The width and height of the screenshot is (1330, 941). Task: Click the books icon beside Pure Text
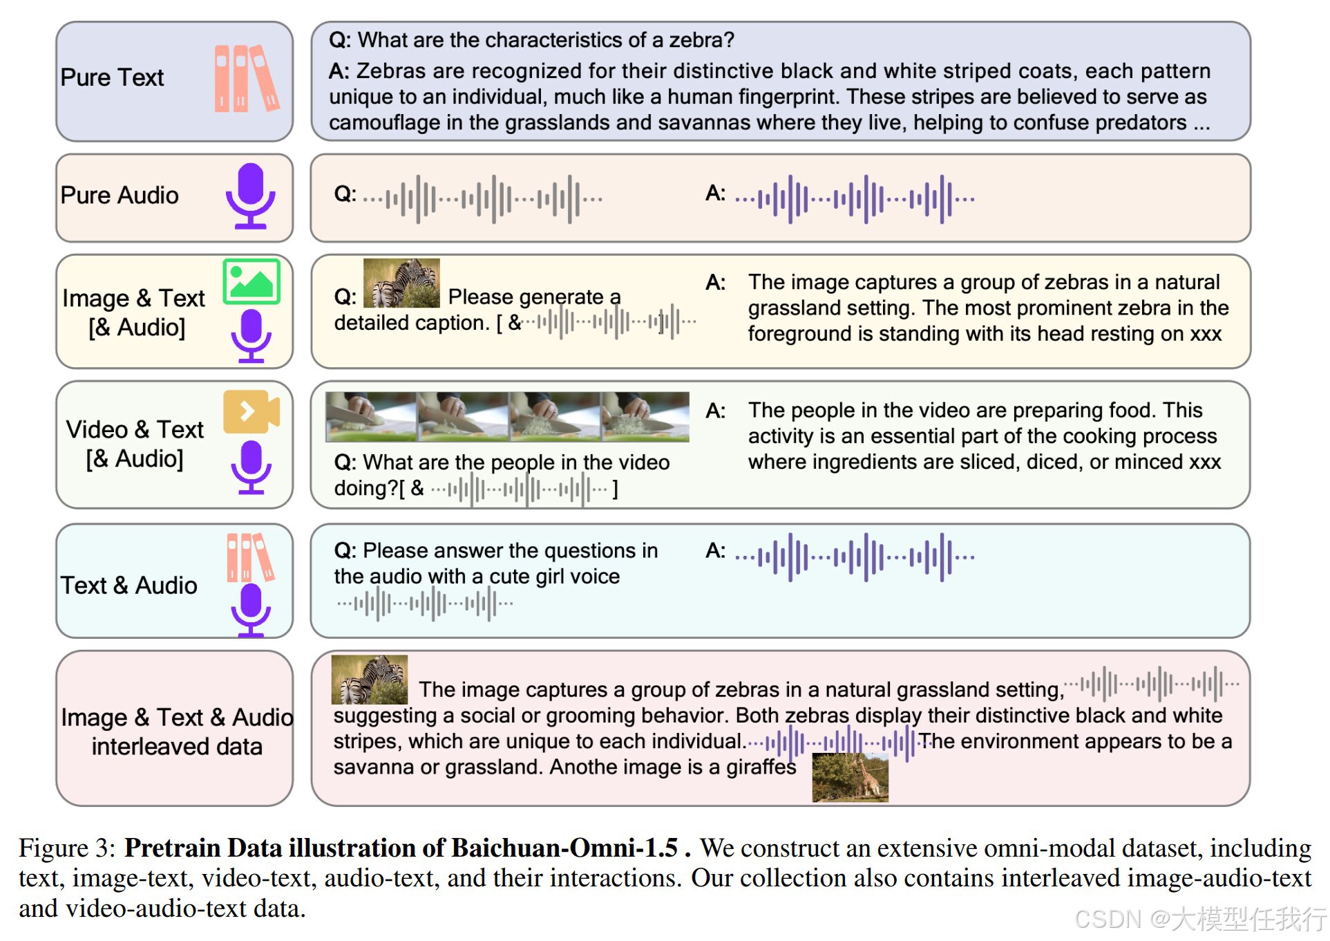point(247,78)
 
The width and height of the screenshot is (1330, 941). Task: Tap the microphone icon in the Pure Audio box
point(250,196)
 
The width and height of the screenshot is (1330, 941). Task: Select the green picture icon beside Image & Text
point(251,281)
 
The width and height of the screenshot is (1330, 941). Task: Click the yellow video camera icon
point(251,411)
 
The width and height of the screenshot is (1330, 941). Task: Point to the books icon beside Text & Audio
point(250,557)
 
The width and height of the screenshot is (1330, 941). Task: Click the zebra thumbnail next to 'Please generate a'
point(401,283)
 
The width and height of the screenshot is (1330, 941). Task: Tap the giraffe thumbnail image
point(850,778)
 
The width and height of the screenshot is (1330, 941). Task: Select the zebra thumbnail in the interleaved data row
point(370,679)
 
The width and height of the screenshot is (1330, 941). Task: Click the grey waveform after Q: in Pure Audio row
point(483,199)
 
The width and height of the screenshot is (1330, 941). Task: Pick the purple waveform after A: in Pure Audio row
point(855,199)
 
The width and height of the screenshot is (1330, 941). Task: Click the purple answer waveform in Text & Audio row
point(855,556)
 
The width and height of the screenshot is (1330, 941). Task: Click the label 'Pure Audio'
point(120,196)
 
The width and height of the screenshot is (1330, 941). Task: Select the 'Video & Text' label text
point(135,429)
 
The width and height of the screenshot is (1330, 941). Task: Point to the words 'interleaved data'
point(177,747)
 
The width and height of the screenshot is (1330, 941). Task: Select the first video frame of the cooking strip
point(371,417)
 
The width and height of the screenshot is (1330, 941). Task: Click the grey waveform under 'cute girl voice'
point(426,604)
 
